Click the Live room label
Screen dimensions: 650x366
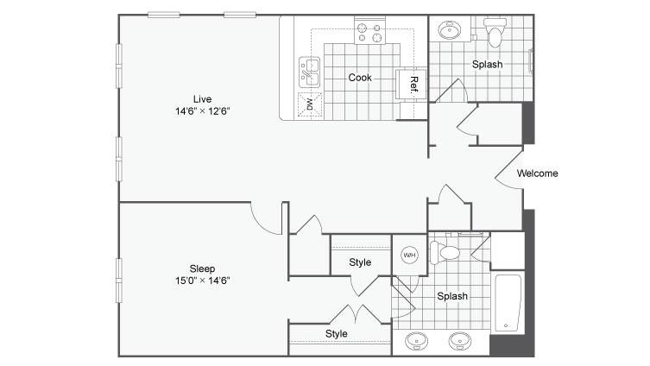point(202,99)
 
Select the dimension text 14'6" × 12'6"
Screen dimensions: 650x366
point(202,111)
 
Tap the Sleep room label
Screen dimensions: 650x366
point(202,268)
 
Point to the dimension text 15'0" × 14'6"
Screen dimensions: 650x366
point(202,281)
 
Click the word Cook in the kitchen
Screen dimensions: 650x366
point(360,78)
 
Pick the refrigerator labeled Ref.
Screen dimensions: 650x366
point(411,85)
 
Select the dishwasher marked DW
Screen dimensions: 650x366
point(310,104)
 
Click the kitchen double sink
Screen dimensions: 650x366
point(309,73)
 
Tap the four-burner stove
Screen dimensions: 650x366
point(369,30)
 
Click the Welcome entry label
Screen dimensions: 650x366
point(537,174)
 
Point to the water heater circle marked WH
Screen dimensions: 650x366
point(409,255)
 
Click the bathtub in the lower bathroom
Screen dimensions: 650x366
point(508,303)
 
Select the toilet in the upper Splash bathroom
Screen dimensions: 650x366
point(495,32)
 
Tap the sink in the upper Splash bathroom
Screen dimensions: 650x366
point(450,30)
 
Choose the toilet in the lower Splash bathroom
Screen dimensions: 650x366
point(445,252)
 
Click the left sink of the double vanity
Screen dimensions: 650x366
point(417,341)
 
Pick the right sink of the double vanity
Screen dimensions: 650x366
point(460,341)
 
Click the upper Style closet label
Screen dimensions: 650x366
point(360,262)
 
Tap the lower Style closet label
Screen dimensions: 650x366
point(336,334)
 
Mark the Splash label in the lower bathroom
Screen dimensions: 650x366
point(452,296)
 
